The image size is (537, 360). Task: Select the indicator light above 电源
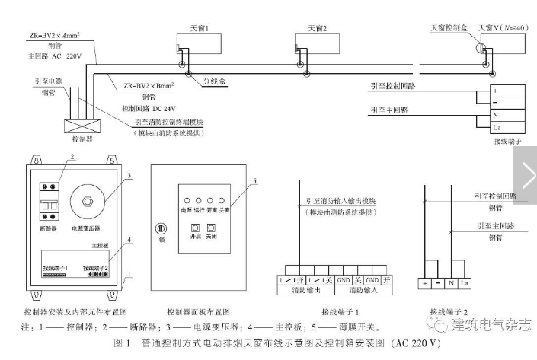186,197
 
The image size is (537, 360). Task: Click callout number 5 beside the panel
256,180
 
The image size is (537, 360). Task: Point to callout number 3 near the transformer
130,176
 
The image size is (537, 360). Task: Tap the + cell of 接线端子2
424,283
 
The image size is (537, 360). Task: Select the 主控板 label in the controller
100,246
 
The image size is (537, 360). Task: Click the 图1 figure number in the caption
121,342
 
